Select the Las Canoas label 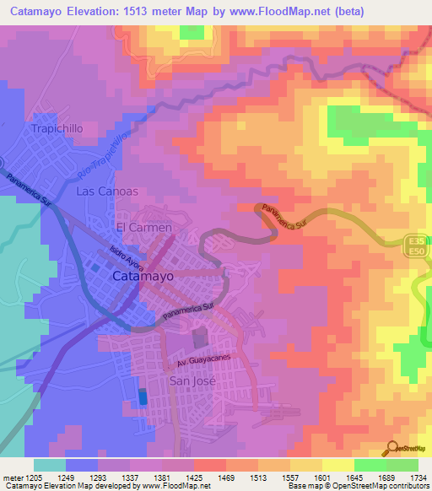click(x=106, y=192)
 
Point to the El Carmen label click(x=143, y=228)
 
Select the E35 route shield click(x=413, y=240)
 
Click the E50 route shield click(x=413, y=251)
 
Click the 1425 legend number click(x=204, y=478)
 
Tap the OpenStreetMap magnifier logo click(x=392, y=449)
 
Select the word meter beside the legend click(x=16, y=478)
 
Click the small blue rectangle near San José click(x=142, y=396)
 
